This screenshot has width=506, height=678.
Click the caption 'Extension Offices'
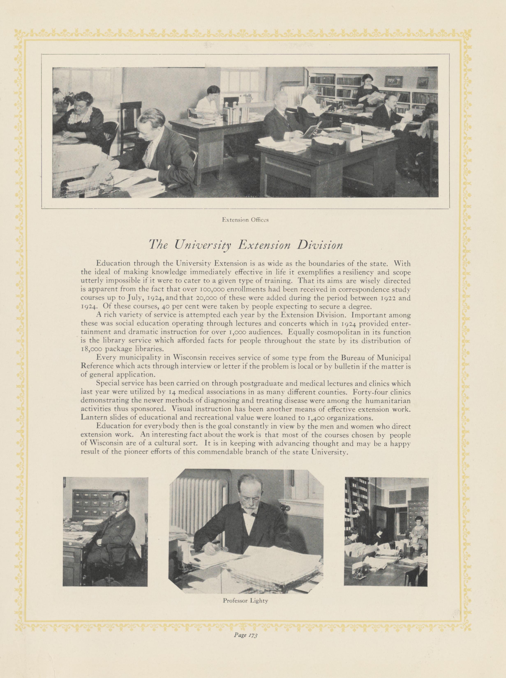(x=245, y=220)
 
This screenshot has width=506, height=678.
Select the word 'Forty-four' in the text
(x=370, y=392)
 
